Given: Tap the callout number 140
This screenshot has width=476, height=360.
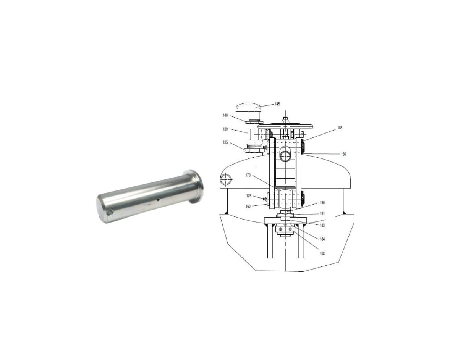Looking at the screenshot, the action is tap(225, 115).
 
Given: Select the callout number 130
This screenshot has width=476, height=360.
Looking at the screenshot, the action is tap(225, 129).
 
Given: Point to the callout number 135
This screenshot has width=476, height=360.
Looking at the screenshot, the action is tap(225, 142).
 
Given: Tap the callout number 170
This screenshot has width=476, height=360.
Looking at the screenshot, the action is tap(248, 175).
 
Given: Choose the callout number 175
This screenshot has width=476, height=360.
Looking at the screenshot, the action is tap(249, 196).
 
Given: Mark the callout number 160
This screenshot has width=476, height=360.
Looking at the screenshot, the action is tap(248, 207).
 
